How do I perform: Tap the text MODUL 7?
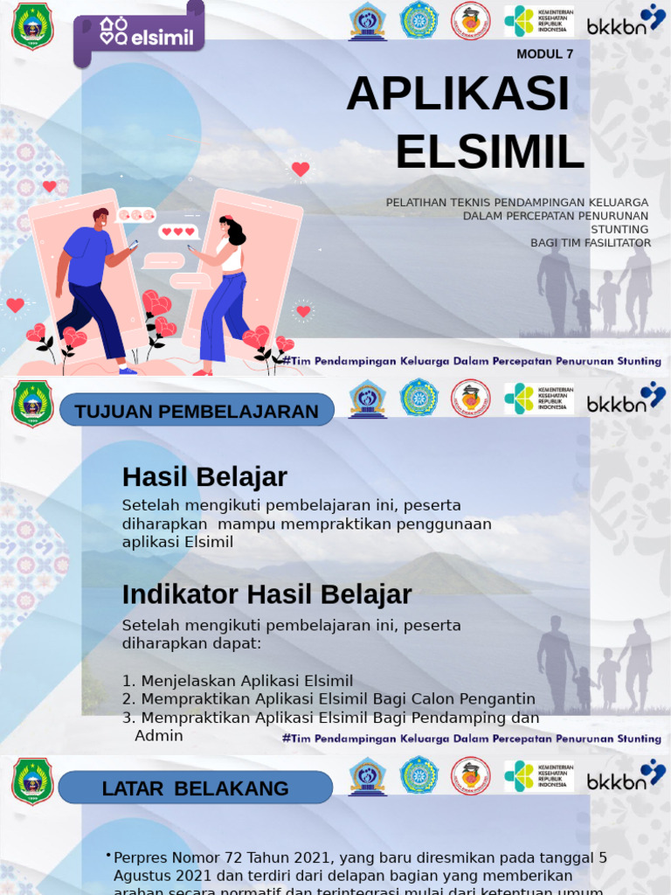click(544, 54)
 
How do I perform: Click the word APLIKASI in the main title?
click(458, 94)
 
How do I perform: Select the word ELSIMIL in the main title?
click(489, 152)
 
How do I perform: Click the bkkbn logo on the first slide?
click(626, 21)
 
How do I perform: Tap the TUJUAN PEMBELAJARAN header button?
click(197, 411)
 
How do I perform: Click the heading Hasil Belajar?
click(204, 477)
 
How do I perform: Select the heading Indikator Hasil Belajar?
click(266, 594)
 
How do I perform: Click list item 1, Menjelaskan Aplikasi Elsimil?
click(238, 681)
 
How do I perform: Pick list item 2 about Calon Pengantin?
click(329, 699)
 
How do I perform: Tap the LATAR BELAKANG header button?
click(195, 788)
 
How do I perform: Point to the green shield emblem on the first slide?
click(32, 26)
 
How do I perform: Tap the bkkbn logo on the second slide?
click(626, 399)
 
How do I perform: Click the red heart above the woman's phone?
click(301, 169)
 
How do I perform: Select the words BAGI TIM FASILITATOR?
click(591, 243)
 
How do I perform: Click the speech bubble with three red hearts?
click(178, 232)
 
